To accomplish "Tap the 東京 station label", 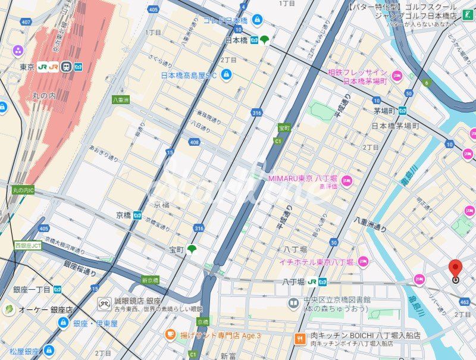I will [x=26, y=67].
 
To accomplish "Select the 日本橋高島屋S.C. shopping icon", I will [x=226, y=74].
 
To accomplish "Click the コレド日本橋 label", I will [x=225, y=20].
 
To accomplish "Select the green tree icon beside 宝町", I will [x=192, y=249].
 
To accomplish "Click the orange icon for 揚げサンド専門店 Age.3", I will [x=170, y=336].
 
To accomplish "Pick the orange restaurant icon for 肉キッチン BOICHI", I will [x=301, y=339].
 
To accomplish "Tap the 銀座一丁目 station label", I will [x=32, y=289].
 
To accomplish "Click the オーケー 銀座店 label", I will [x=46, y=309].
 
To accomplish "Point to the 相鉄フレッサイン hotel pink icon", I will [x=396, y=76].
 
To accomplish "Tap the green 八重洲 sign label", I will [x=121, y=101].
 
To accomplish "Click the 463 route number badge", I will [x=465, y=302].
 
